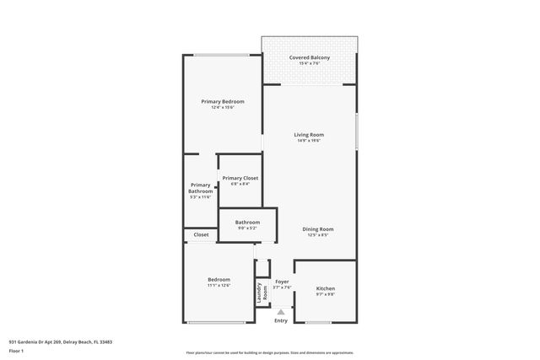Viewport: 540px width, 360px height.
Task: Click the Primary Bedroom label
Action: click(x=223, y=101)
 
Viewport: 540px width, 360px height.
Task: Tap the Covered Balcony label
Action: click(x=310, y=57)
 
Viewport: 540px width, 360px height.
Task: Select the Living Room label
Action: click(x=309, y=135)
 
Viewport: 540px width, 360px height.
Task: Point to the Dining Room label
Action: click(x=318, y=229)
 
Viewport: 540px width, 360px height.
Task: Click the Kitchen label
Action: click(x=325, y=287)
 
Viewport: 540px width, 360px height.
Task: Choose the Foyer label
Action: click(x=282, y=282)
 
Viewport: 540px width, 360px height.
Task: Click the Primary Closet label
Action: click(x=240, y=178)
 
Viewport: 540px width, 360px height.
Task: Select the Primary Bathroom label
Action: click(x=200, y=188)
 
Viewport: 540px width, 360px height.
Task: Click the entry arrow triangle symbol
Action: click(x=281, y=311)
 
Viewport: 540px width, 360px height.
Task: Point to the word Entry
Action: click(x=281, y=320)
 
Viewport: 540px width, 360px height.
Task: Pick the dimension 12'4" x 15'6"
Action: click(x=223, y=107)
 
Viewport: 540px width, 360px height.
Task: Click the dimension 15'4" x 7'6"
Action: click(x=310, y=63)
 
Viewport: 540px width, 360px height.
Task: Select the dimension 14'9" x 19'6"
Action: click(x=309, y=141)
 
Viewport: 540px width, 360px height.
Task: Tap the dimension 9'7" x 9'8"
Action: click(x=325, y=293)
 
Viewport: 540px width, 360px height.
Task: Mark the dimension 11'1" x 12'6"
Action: click(x=219, y=286)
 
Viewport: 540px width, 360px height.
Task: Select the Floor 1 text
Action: click(x=17, y=350)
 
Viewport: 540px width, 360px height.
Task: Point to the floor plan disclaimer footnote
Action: click(x=269, y=352)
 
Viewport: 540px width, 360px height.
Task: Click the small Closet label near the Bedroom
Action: click(x=201, y=235)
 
